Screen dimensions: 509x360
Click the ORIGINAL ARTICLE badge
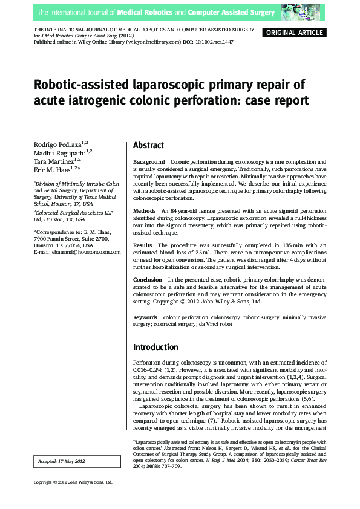[x=295, y=33]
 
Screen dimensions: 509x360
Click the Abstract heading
[x=148, y=145]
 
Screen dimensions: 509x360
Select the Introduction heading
[x=155, y=347]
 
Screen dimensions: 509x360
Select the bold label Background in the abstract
[x=148, y=163]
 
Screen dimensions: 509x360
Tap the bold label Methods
[x=144, y=210]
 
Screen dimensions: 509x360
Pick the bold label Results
[x=143, y=245]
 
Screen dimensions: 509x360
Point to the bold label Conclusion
[x=147, y=280]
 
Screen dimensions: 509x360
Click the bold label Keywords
[x=145, y=317]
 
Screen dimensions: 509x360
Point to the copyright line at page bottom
[x=73, y=482]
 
